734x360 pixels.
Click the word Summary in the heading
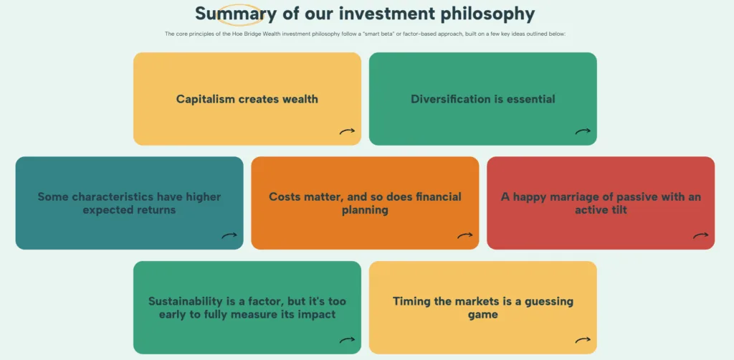(235, 14)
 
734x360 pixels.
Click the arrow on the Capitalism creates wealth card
(348, 131)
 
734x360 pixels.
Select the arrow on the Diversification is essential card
(583, 131)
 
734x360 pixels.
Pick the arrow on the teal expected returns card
(229, 236)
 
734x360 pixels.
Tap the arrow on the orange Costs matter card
(465, 236)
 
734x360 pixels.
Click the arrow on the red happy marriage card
(701, 236)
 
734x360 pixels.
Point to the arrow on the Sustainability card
(348, 341)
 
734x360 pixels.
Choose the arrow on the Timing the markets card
(583, 341)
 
